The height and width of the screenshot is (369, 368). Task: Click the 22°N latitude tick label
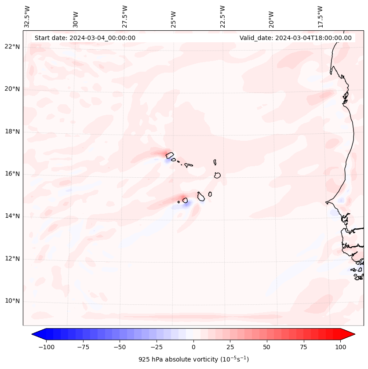point(13,47)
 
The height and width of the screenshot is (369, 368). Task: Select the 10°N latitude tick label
point(13,301)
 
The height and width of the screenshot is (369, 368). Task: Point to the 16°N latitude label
point(13,174)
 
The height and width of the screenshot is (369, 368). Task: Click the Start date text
point(85,38)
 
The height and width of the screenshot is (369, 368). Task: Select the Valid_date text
point(295,38)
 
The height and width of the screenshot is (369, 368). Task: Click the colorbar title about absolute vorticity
point(193,359)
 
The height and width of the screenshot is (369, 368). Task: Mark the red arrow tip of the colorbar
point(353,334)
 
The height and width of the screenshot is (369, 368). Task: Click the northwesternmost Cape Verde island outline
point(169,155)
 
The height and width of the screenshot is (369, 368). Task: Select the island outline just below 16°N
point(217,175)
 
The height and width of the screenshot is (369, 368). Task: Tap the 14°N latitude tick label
point(13,216)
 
